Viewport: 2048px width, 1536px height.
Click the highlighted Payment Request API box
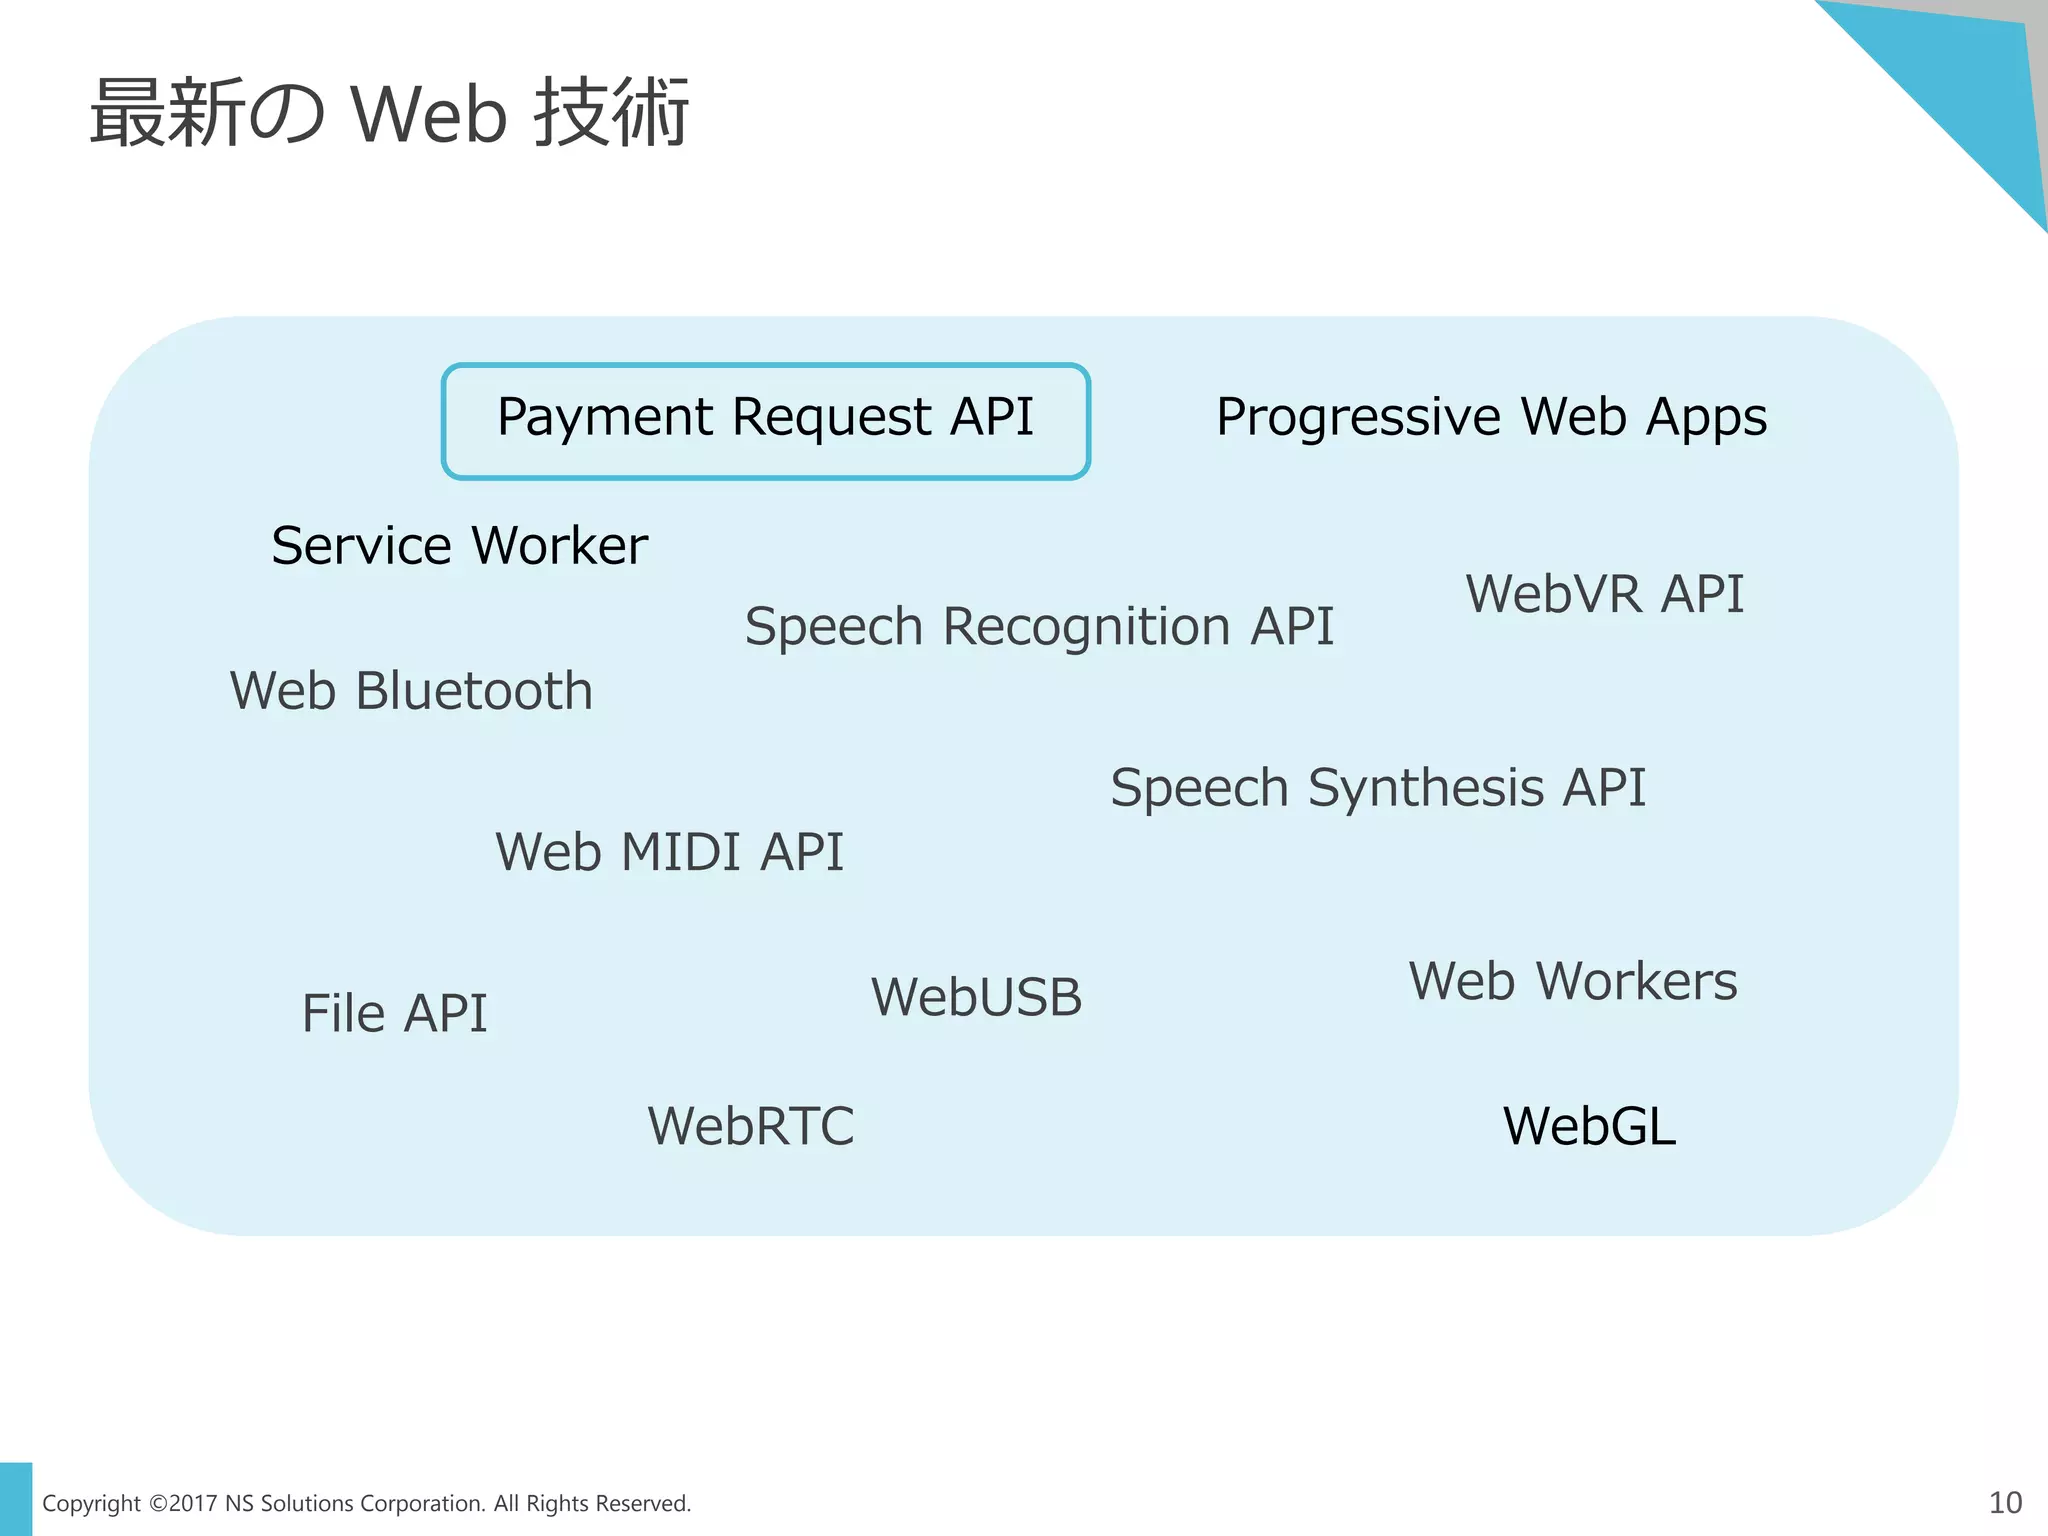tap(765, 420)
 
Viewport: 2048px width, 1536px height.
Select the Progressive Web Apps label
tap(1491, 417)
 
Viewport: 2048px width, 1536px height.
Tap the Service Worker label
tap(459, 546)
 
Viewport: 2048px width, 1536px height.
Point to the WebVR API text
tap(1604, 594)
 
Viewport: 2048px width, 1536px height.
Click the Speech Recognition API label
tap(1039, 627)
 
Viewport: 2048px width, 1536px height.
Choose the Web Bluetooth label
tap(411, 691)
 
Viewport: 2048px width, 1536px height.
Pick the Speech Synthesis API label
tap(1377, 788)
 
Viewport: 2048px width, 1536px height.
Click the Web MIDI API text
tap(669, 852)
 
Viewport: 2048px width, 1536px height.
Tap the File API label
tap(394, 1013)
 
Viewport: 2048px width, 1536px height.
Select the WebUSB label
tap(976, 997)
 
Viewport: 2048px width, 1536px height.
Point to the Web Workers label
tap(1572, 981)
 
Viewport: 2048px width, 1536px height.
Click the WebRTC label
tap(750, 1126)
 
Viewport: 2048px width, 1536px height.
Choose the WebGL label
tap(1589, 1126)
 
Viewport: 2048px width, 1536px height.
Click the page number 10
tap(2005, 1502)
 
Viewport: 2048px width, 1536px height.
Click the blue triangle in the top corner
tap(1960, 90)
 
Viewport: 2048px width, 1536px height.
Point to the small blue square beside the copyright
tap(16, 1498)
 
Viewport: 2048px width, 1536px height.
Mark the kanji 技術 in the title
tap(611, 112)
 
